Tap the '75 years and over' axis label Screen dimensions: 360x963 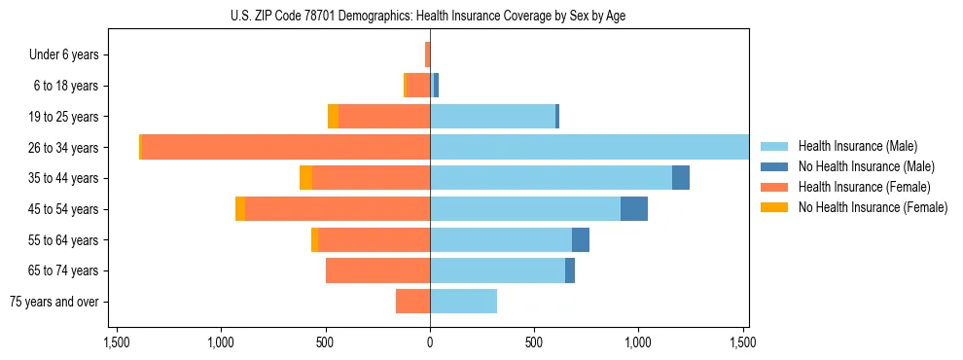point(54,302)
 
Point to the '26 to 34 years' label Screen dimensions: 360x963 point(63,148)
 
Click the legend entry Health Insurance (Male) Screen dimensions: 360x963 point(857,146)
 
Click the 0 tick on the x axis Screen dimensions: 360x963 point(430,342)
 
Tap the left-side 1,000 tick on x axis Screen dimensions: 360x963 point(221,342)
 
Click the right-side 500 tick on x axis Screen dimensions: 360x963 point(534,342)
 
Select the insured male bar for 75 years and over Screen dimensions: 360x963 point(463,302)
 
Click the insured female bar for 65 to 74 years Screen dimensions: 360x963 point(377,270)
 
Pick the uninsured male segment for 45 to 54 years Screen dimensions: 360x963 point(634,209)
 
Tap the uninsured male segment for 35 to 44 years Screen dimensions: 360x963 point(681,178)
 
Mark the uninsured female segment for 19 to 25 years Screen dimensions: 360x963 point(333,117)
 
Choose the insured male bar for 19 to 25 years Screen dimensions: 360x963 point(492,117)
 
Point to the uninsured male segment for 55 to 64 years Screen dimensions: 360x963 point(581,239)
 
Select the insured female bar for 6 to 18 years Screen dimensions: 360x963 point(417,86)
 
